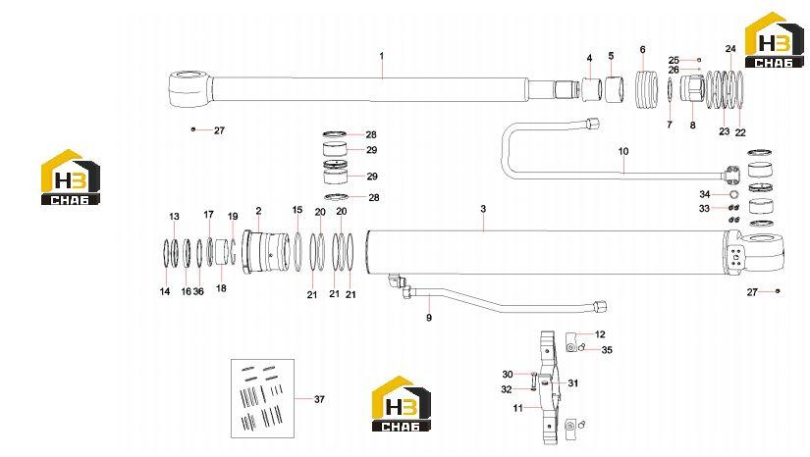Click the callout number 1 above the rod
[382, 56]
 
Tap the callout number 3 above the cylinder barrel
[483, 209]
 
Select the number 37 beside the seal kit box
[319, 399]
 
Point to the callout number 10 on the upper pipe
[623, 152]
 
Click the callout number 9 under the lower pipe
[429, 318]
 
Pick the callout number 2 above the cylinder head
[258, 211]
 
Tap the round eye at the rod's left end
[189, 87]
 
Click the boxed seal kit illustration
[262, 398]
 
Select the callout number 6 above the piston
[643, 49]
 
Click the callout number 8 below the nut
[693, 126]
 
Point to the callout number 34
[705, 194]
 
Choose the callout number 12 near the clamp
[600, 334]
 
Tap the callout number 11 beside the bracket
[517, 408]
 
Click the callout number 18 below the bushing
[221, 288]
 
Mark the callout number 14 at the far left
[165, 291]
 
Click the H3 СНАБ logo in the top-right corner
[774, 40]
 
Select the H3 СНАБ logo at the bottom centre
[402, 403]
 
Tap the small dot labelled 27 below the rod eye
[193, 129]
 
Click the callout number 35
[607, 350]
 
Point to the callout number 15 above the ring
[297, 210]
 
